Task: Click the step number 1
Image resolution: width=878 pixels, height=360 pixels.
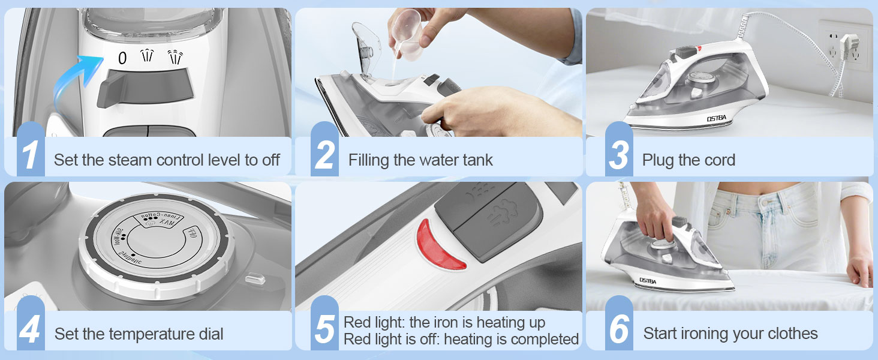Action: tap(30, 155)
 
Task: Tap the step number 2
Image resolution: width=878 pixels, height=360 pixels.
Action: tap(324, 155)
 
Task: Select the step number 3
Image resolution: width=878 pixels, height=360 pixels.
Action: tap(618, 155)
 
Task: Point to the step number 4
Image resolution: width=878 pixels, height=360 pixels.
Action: tap(30, 330)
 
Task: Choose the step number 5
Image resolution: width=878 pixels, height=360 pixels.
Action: tap(324, 330)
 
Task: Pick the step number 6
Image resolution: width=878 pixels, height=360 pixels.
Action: tap(618, 330)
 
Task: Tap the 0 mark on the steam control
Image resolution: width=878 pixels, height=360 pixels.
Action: tap(122, 58)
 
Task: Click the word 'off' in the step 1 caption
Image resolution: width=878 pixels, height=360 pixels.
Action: tap(270, 160)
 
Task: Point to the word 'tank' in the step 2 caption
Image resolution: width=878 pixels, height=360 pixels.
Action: tap(477, 160)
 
